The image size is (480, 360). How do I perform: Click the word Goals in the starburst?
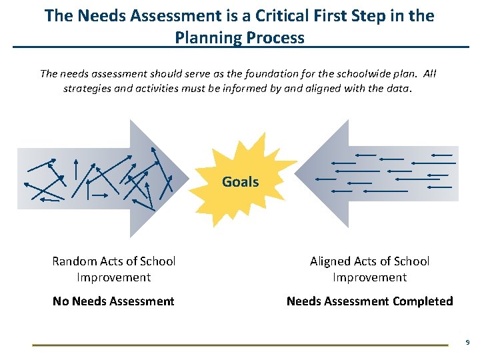240,181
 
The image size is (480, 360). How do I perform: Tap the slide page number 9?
467,342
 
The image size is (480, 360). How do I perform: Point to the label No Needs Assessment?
113,301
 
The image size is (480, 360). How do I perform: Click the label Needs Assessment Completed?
369,301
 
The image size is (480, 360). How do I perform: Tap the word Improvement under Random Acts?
113,277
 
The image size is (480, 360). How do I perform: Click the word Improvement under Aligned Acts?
369,277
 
